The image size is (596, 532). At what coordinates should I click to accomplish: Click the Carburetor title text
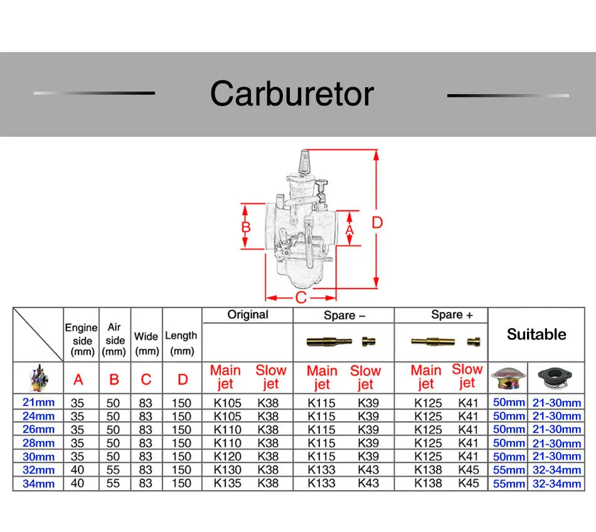pos(292,94)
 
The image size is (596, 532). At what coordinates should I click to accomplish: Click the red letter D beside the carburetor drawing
pos(377,223)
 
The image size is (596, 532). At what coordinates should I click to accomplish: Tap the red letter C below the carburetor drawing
pos(301,297)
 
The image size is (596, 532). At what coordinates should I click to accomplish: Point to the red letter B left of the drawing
pos(246,227)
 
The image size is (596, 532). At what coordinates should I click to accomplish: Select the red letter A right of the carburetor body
pos(349,230)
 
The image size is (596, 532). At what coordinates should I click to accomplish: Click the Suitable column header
pos(536,334)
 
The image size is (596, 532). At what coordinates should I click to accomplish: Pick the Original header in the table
pos(248,315)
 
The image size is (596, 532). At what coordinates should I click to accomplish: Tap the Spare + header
pos(452,315)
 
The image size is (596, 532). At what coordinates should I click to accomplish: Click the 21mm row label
pos(38,402)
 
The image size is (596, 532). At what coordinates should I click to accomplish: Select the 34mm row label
pos(38,484)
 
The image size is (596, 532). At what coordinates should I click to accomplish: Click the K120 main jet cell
pos(227,456)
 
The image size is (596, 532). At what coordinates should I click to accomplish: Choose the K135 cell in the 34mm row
pos(227,483)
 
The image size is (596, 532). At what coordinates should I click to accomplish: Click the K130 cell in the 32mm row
pos(227,470)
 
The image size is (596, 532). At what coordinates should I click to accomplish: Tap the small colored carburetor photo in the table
pos(39,378)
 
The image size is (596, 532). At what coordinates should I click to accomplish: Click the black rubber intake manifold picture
pos(555,378)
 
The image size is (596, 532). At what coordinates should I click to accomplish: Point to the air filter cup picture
pos(508,379)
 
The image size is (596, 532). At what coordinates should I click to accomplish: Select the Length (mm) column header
pos(181,343)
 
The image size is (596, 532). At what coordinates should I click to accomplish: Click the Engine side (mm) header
pos(82,340)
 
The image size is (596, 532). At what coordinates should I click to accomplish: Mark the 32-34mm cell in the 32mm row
pos(556,470)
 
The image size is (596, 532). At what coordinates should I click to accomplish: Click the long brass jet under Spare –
pos(329,342)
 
